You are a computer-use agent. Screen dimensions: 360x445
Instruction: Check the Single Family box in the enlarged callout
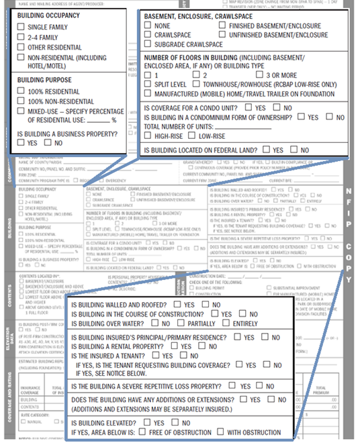20,27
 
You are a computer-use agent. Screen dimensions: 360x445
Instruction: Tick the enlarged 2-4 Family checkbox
20,38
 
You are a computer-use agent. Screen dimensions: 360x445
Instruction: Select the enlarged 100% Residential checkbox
20,91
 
